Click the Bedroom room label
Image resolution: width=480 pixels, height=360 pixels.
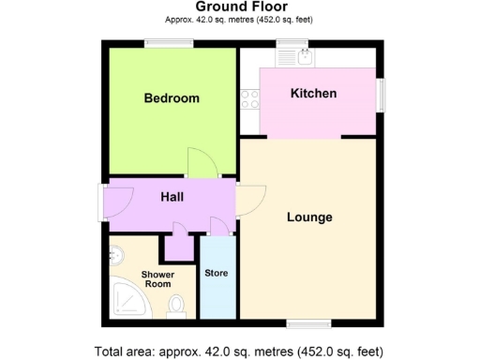(172, 97)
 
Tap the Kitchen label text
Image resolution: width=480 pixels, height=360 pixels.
(313, 94)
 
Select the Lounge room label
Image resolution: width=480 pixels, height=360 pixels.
(309, 217)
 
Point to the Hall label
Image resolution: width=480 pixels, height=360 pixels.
(172, 197)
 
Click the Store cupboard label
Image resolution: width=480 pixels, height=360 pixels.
(216, 273)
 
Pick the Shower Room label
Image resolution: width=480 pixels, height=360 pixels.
(157, 278)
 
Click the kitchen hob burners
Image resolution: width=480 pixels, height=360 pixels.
(250, 98)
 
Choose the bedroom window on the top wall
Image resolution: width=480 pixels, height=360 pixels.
(169, 43)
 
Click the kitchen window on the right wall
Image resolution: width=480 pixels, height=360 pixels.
(380, 94)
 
